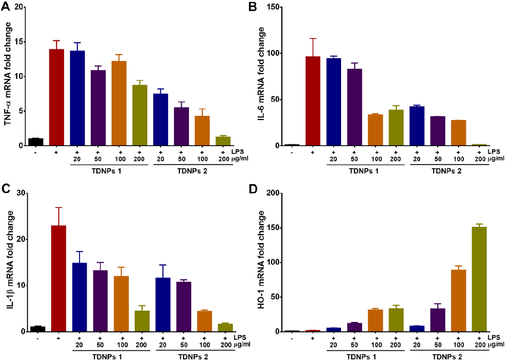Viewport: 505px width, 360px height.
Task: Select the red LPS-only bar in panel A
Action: pos(57,97)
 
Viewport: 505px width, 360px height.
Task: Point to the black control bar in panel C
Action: pos(37,329)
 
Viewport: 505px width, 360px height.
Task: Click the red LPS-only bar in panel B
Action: pos(313,101)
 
